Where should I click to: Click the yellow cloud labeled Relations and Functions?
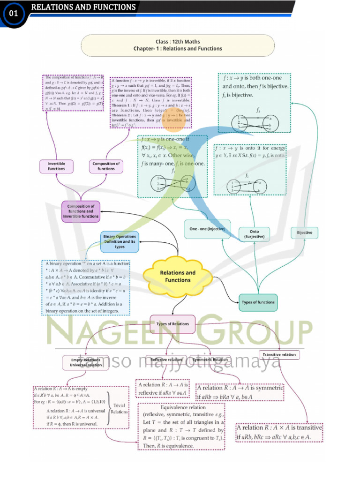click(178, 276)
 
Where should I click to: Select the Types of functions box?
click(258, 302)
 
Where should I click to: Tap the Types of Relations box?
click(172, 324)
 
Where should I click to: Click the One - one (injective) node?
click(207, 229)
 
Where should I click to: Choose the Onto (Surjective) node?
click(254, 234)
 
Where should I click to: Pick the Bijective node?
click(305, 232)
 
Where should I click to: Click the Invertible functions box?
click(57, 166)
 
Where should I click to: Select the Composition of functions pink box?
click(106, 166)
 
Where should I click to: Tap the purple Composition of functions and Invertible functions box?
click(81, 211)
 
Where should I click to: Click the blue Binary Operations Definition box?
click(120, 242)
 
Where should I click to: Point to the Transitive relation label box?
click(279, 355)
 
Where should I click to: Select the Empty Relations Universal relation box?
click(86, 362)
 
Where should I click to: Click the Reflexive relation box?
click(166, 360)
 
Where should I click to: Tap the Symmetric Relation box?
click(210, 360)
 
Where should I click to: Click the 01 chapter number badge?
click(14, 14)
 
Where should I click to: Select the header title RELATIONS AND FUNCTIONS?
click(83, 7)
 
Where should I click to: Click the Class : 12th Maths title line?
click(178, 42)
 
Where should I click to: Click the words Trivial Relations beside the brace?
click(119, 408)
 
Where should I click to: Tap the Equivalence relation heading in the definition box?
click(183, 407)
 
